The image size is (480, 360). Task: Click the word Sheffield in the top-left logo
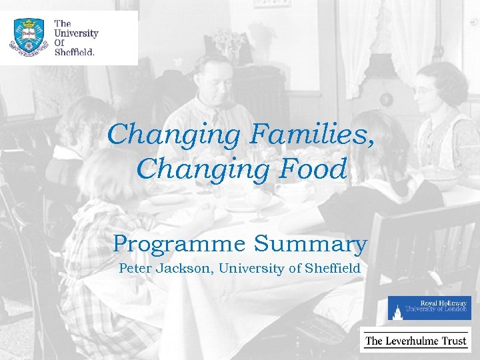tap(75, 51)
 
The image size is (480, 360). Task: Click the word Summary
tap(310, 244)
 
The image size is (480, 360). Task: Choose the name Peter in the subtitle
tap(134, 269)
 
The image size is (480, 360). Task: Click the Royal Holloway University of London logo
tap(429, 307)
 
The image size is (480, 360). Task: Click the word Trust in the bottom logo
tap(455, 341)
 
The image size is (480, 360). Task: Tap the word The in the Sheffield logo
tap(63, 23)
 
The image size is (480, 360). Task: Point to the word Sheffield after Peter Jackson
tap(332, 269)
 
